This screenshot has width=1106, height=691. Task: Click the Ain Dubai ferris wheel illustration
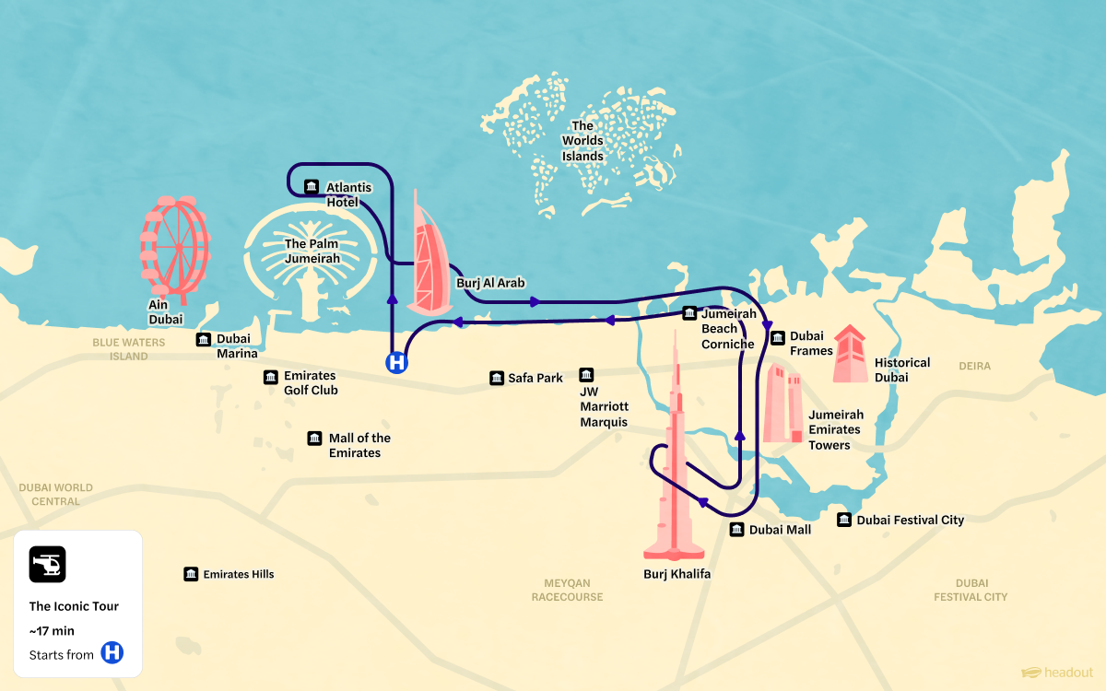click(175, 247)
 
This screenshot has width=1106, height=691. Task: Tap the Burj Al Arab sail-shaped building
click(427, 263)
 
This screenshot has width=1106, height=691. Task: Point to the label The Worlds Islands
click(582, 141)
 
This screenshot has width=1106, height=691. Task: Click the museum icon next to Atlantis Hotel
click(311, 187)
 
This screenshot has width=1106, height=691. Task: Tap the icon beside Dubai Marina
click(204, 340)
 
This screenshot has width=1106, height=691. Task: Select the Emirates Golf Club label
click(311, 383)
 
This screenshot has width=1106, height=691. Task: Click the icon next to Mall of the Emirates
click(315, 439)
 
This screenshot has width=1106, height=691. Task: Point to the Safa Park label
click(535, 379)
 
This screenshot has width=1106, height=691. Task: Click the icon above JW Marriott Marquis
click(586, 375)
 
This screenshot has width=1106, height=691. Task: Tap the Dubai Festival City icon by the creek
click(844, 521)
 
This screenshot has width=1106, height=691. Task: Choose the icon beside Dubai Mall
click(737, 530)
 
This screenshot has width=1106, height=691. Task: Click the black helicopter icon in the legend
click(47, 564)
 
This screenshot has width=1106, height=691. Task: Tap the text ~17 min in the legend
click(52, 631)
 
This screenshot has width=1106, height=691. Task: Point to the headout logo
click(1057, 673)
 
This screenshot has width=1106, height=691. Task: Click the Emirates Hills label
click(239, 575)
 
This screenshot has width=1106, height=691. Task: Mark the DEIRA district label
click(974, 367)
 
